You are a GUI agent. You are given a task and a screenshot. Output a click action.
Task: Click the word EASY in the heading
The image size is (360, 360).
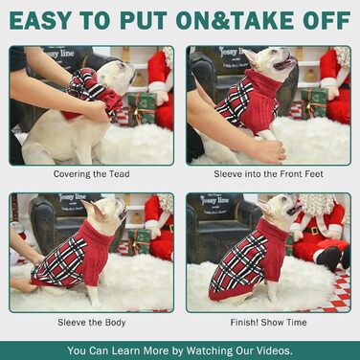coord(40,20)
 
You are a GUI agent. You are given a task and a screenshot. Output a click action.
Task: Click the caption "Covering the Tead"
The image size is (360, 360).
coord(91,174)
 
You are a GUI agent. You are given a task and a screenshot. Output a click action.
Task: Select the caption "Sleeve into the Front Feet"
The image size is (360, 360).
coord(268,174)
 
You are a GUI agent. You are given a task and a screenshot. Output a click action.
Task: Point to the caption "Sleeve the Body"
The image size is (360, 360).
coord(92,323)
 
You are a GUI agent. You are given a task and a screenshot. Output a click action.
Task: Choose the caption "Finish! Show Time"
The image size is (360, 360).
coord(268,323)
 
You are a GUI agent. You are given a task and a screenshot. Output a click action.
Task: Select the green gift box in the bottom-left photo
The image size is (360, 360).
coord(140,241)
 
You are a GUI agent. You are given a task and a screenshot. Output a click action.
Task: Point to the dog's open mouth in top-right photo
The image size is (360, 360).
coord(285,64)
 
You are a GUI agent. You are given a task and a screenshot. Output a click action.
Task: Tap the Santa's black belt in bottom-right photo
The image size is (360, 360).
coord(315,231)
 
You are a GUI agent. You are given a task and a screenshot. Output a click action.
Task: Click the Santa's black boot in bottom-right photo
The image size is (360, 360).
coord(328,258)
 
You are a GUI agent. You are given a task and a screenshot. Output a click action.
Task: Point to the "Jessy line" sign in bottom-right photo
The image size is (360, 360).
coord(214,201)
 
